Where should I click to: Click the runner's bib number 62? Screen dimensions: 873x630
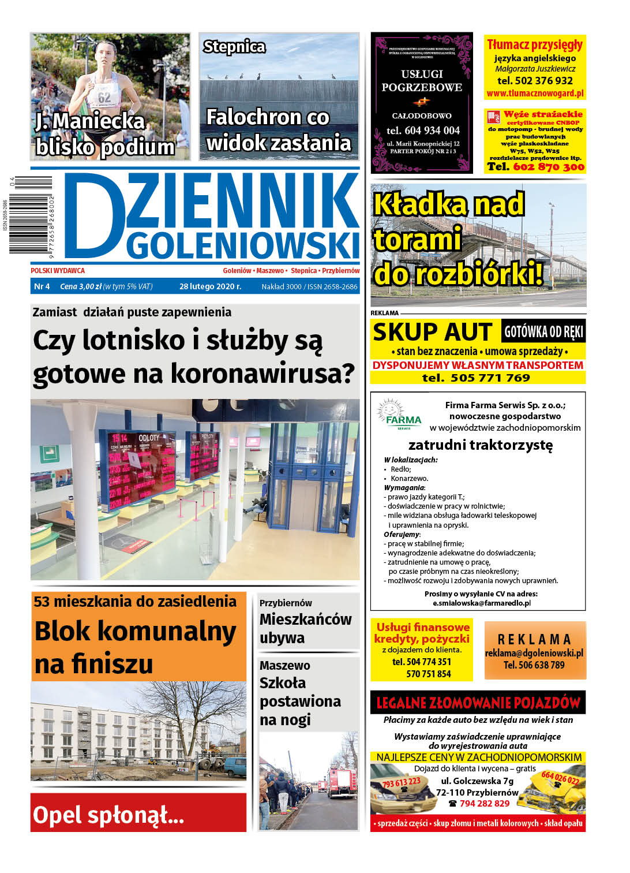click(x=104, y=97)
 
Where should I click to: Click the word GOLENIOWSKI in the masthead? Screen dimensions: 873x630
click(x=242, y=246)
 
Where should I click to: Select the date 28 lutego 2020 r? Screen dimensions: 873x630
click(x=210, y=286)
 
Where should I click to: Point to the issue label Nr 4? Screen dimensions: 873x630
click(x=42, y=286)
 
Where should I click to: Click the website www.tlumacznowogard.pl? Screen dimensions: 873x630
click(x=535, y=94)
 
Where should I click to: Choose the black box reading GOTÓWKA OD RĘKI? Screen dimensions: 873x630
click(x=543, y=331)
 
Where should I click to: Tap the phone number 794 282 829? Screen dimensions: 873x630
click(x=484, y=804)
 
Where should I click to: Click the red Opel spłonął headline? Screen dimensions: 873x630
click(x=108, y=815)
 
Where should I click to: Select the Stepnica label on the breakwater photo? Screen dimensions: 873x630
click(x=234, y=47)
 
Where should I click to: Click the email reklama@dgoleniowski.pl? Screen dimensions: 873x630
click(x=534, y=653)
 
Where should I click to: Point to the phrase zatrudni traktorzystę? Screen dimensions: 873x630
click(x=480, y=445)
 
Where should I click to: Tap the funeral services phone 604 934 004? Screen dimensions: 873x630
click(x=423, y=130)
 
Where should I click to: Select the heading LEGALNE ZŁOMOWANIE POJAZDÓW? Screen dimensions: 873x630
click(x=478, y=703)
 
